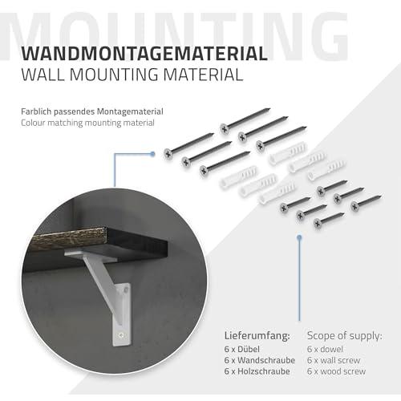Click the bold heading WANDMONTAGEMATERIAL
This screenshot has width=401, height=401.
tap(144, 54)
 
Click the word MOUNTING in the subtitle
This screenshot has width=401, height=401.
tap(114, 75)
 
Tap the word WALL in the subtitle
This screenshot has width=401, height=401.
tap(43, 75)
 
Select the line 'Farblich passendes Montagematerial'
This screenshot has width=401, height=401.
tap(92, 111)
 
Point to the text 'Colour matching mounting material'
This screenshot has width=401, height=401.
tap(87, 123)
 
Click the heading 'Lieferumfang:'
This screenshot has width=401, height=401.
tap(257, 336)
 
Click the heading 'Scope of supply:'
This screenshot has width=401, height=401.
tap(345, 336)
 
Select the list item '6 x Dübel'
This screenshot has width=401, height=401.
tap(242, 349)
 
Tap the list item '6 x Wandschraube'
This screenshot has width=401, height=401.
tap(260, 360)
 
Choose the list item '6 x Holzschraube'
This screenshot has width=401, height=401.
tap(257, 371)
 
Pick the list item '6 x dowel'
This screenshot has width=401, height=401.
tap(325, 349)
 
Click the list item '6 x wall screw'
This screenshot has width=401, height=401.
tap(334, 360)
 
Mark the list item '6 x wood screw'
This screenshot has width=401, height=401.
tap(336, 371)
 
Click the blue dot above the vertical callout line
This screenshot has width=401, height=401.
tap(299, 237)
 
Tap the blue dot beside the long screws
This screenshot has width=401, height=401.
tap(152, 154)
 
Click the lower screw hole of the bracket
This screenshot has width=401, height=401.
tap(122, 334)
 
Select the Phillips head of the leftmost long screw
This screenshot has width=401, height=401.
tap(168, 154)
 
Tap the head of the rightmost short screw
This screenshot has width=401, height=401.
tap(355, 206)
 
